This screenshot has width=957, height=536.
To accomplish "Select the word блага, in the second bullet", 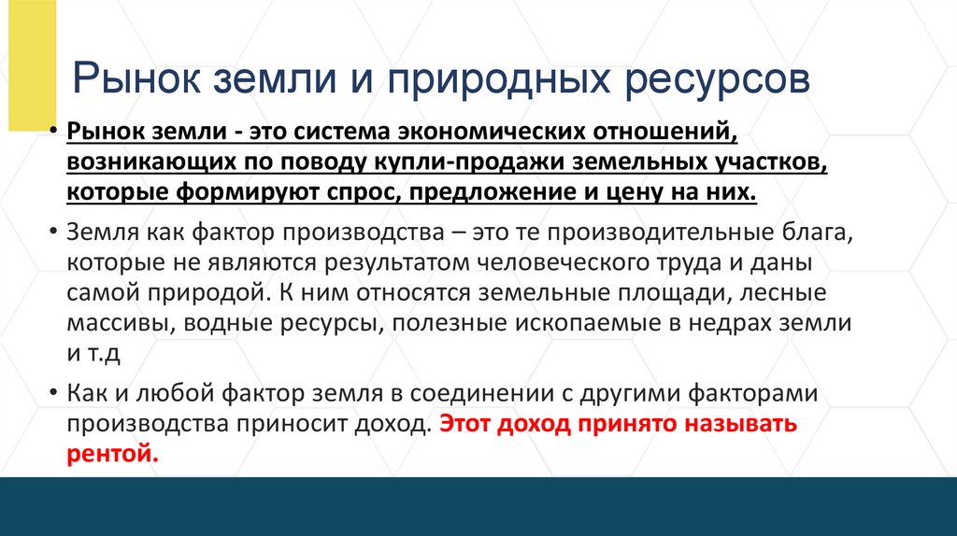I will (x=785, y=232).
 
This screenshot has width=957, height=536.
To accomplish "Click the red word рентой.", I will (x=113, y=455).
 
